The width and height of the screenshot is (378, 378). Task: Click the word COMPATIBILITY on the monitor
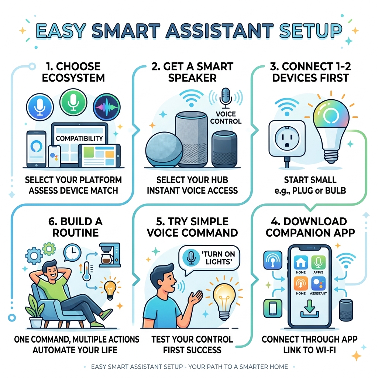coord(79,138)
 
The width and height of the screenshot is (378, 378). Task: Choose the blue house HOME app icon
coord(300,263)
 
